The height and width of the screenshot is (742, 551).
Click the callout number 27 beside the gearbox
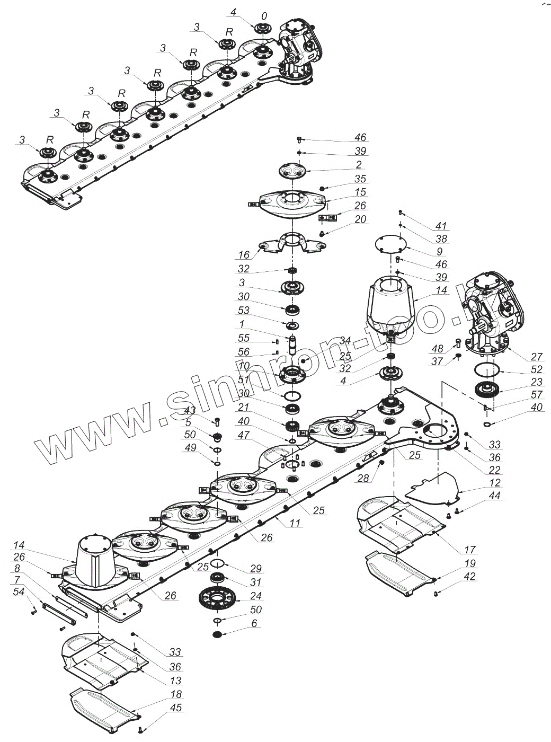click(x=536, y=356)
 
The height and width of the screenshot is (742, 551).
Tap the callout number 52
click(x=536, y=369)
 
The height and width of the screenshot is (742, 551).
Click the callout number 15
click(x=361, y=192)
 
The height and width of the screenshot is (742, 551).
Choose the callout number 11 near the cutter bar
click(x=295, y=523)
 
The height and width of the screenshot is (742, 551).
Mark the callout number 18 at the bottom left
click(x=176, y=694)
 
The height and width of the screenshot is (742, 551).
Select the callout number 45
click(x=176, y=708)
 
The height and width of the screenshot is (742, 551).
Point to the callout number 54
click(x=19, y=592)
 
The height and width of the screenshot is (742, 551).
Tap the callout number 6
click(x=254, y=624)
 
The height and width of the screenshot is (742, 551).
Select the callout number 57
click(x=536, y=395)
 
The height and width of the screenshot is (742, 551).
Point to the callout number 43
click(x=190, y=410)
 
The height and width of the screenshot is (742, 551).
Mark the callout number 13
click(x=176, y=681)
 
